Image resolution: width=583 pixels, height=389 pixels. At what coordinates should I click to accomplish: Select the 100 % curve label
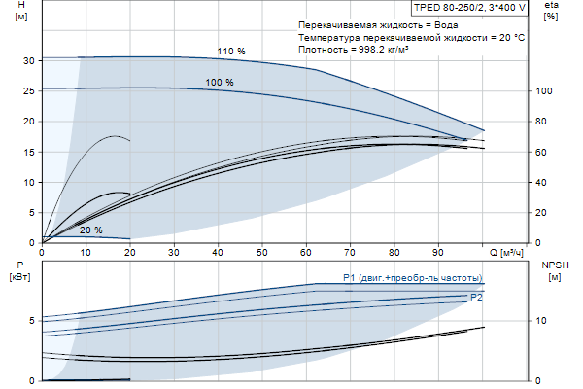point(220,83)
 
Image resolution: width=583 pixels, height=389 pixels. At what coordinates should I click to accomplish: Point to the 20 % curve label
point(91,230)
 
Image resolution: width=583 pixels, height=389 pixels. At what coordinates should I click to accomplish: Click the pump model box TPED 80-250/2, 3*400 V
point(469,7)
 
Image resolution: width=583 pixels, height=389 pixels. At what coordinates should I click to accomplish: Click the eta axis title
point(552,12)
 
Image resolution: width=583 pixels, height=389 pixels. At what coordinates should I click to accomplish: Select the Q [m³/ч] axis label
point(505,252)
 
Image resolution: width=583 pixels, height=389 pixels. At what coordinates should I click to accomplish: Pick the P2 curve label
point(476,297)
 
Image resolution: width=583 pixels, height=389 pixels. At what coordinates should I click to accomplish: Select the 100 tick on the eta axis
point(544,90)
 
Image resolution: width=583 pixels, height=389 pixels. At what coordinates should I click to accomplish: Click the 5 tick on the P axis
point(32,320)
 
